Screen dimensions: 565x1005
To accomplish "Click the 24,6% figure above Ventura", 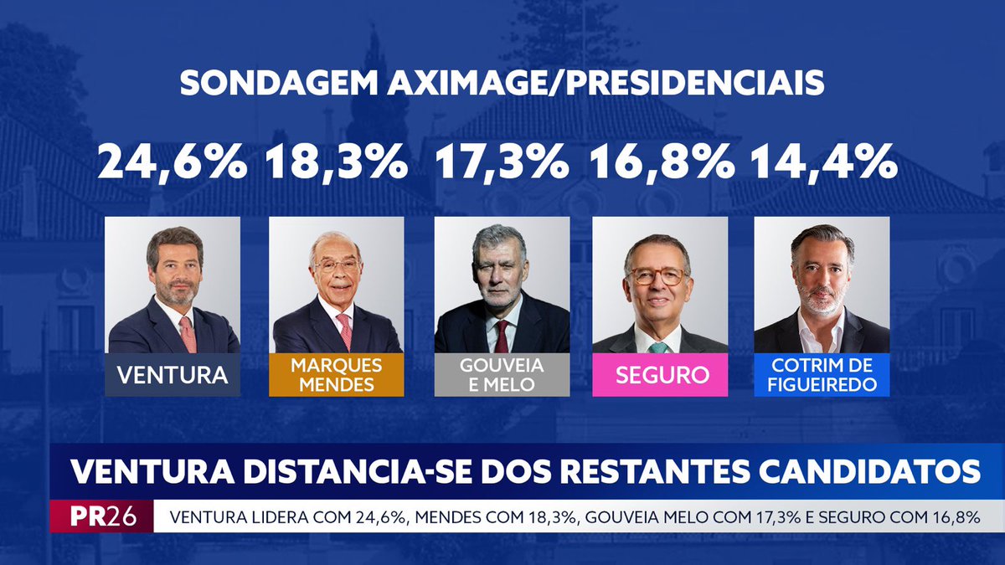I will (172, 162).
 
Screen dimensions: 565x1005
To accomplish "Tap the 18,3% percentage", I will (337, 162).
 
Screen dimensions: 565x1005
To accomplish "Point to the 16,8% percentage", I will (662, 162).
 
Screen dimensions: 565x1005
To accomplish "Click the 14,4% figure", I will (823, 162).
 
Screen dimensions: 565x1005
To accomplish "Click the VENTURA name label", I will (173, 374).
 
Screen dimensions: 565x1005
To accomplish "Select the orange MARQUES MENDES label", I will (337, 374).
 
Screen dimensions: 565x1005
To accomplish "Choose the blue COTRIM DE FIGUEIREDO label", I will (822, 374).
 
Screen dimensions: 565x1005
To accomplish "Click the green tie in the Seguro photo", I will (659, 347).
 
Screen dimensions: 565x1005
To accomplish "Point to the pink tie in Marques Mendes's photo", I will (344, 331).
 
